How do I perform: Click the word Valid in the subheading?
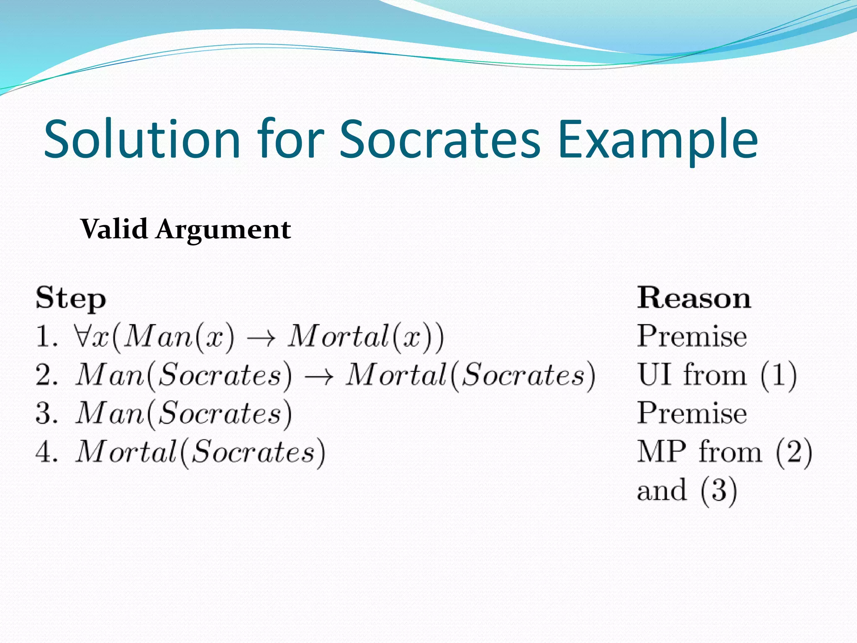(114, 229)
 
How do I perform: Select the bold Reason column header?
(694, 298)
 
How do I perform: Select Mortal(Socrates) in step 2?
(470, 375)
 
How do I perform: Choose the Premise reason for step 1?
(692, 337)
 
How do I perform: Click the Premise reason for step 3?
(692, 414)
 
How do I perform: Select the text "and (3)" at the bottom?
(686, 490)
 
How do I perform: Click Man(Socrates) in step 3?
(183, 414)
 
